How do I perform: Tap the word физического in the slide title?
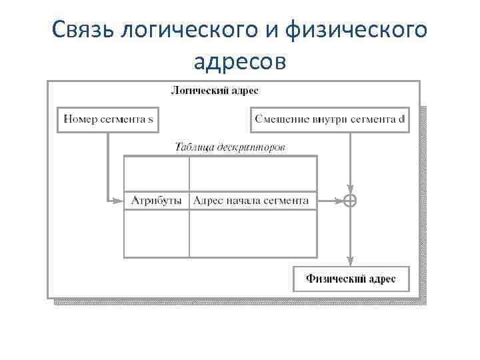[x=356, y=30]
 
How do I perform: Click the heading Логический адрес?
[x=215, y=90]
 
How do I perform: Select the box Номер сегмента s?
[x=109, y=120]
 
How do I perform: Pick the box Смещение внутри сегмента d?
[x=330, y=120]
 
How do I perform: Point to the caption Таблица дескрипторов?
[x=229, y=147]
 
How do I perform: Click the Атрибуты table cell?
[x=157, y=200]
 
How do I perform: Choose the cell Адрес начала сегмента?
[x=253, y=200]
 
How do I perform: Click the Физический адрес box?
[x=350, y=279]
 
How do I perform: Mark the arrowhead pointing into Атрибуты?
[x=120, y=200]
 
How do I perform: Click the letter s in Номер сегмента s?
[x=151, y=121]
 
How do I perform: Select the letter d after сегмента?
[x=401, y=120]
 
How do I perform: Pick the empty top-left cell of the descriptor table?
[x=157, y=173]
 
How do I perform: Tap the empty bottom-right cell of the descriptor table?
[x=253, y=233]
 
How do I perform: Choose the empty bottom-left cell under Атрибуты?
[x=157, y=233]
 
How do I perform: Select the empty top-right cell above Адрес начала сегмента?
[x=253, y=173]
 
